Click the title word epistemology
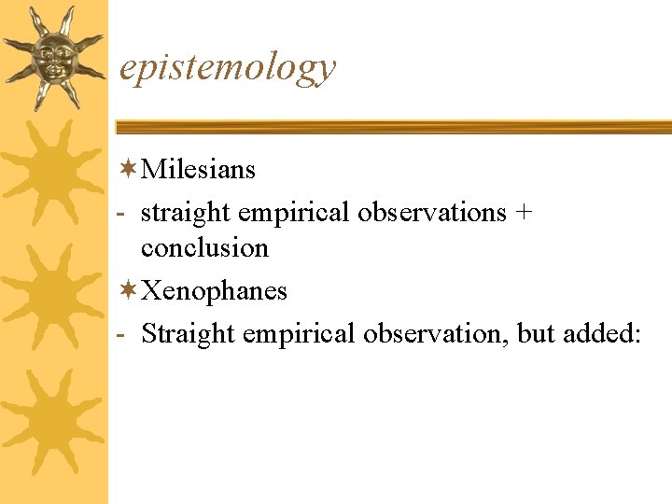point(228,68)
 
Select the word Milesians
point(198,170)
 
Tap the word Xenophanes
point(214,291)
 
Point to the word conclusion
point(204,248)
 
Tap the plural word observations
point(430,213)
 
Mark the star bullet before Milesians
point(128,169)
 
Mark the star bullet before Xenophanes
point(128,290)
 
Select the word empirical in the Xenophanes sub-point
point(298,334)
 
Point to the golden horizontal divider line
point(392,126)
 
